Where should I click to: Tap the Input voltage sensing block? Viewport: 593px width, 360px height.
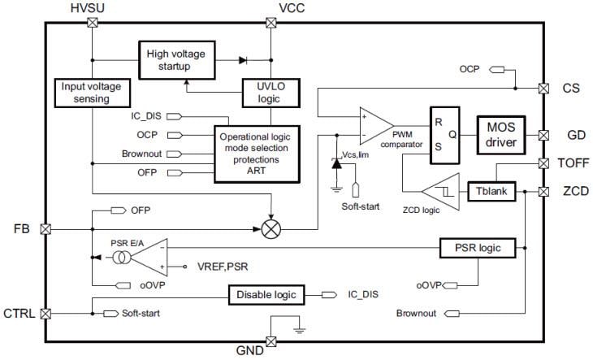[92, 92]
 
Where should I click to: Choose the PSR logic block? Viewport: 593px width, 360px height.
[478, 246]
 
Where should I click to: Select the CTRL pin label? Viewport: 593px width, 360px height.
[20, 312]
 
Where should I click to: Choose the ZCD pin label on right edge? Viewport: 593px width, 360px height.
[569, 192]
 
